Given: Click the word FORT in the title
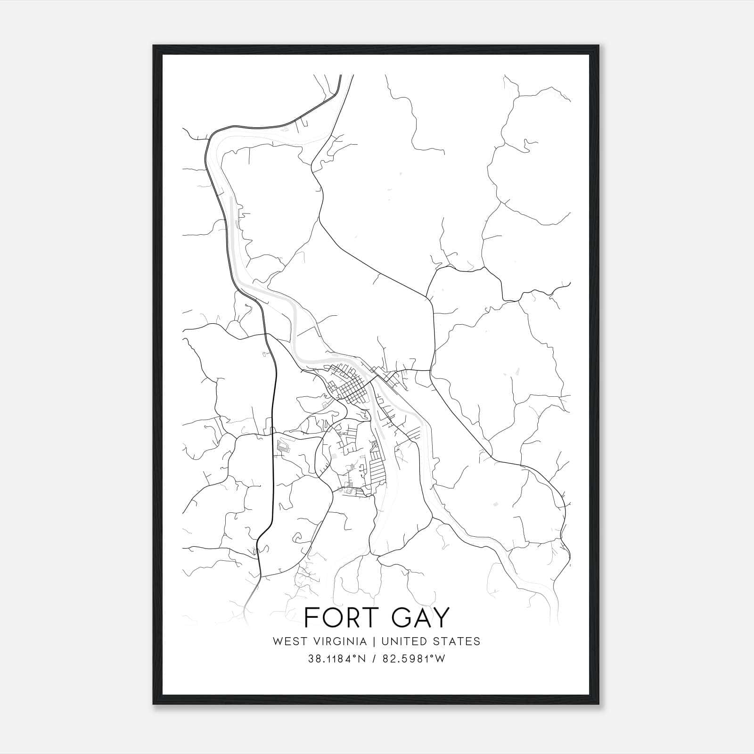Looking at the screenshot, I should coord(338,617).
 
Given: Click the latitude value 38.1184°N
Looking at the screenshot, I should coord(336,659).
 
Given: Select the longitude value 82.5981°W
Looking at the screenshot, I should coord(413,659).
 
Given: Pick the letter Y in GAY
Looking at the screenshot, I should coord(442,617).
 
